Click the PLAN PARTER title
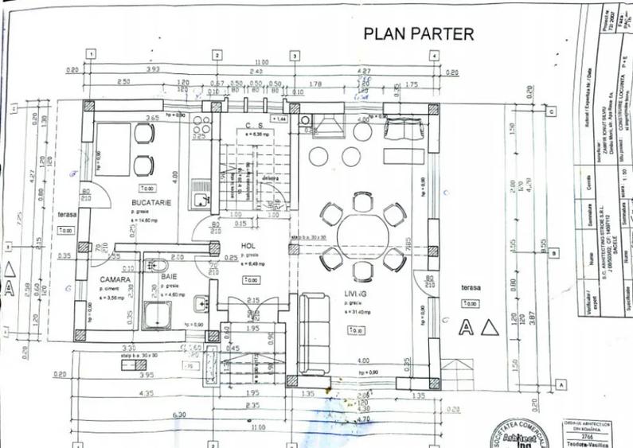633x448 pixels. (x=418, y=33)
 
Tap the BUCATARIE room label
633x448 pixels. (x=151, y=204)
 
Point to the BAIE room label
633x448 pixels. (x=169, y=278)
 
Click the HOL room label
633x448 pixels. (x=250, y=246)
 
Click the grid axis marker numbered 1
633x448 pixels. (x=92, y=55)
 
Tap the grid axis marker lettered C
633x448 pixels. (x=551, y=111)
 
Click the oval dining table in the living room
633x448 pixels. (x=363, y=236)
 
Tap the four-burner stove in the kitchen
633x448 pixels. (x=201, y=128)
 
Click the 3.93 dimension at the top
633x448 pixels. (x=153, y=69)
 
